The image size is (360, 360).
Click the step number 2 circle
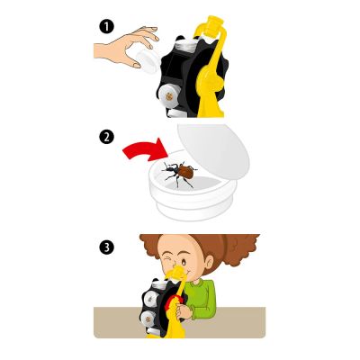106,137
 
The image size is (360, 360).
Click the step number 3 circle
106,247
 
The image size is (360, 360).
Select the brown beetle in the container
179,174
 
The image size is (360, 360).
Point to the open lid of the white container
213,150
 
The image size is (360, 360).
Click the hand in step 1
126,47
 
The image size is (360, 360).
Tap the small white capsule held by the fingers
147,61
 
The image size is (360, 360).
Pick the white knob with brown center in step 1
168,96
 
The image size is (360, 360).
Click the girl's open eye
184,263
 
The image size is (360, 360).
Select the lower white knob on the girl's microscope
148,318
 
